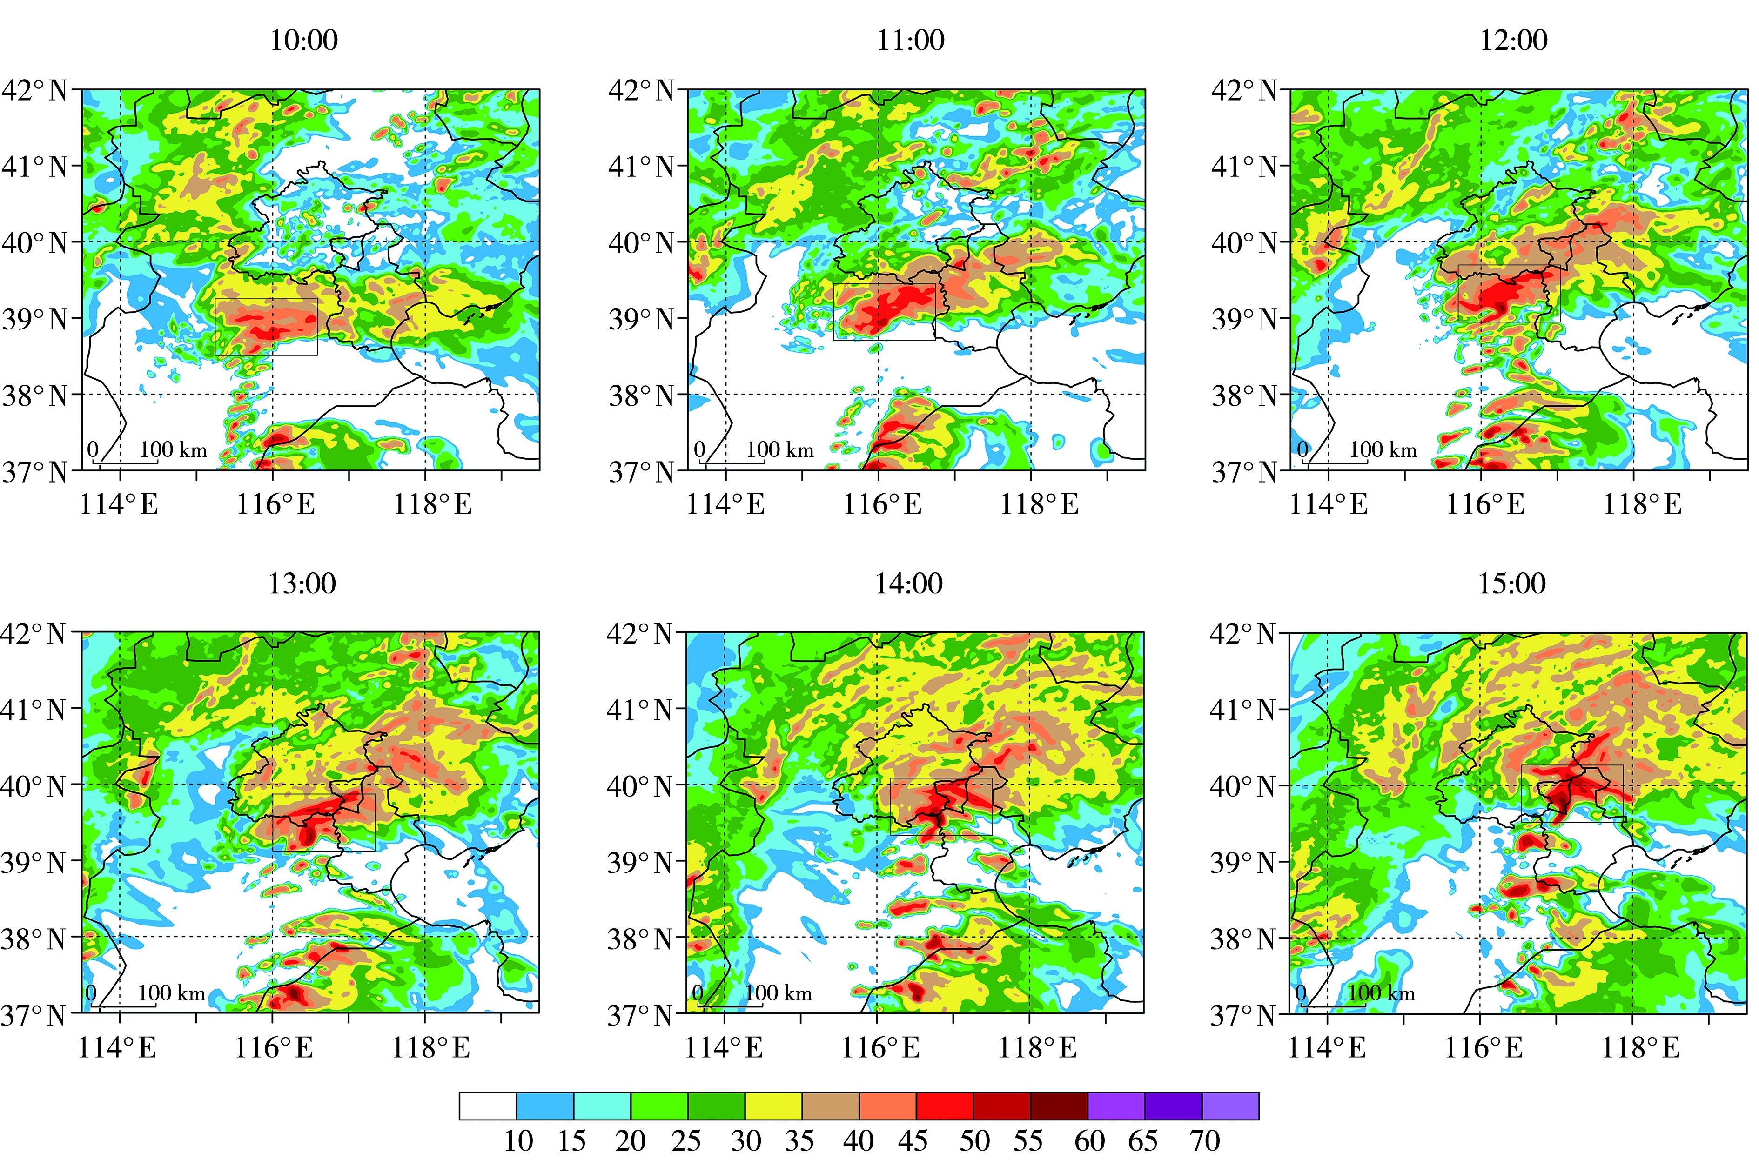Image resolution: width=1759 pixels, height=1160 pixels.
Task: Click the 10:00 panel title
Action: (x=303, y=40)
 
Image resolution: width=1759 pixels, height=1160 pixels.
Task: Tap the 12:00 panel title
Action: (x=1513, y=40)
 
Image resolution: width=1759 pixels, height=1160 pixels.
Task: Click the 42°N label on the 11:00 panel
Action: (x=641, y=91)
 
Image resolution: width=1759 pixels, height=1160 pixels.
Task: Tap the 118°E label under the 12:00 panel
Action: (x=1642, y=505)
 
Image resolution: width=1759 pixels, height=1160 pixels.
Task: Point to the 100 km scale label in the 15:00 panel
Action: (x=1381, y=993)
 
